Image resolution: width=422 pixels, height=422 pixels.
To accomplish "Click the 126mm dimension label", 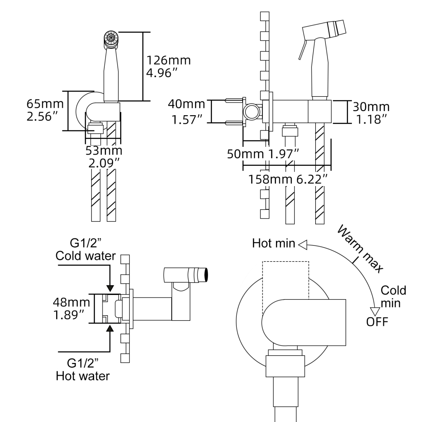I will [168, 60].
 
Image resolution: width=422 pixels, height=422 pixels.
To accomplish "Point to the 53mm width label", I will [104, 151].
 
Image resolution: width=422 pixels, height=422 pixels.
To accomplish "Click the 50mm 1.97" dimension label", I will [264, 154].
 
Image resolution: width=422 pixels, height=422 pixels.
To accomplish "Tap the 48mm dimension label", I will [71, 303].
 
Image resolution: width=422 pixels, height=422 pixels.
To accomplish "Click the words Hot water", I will [83, 375].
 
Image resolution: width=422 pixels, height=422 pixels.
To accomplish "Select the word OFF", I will [377, 322].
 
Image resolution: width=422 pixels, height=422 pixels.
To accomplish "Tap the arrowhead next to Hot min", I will [303, 243].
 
